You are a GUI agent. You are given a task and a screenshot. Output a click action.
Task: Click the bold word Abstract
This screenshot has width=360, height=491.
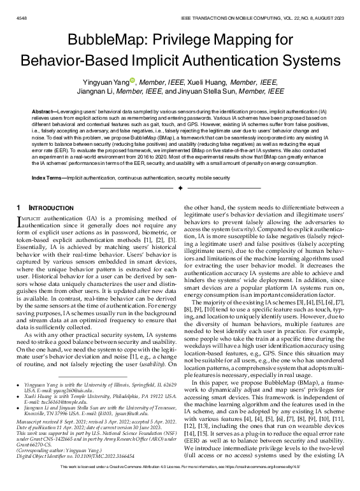[x=45, y=111]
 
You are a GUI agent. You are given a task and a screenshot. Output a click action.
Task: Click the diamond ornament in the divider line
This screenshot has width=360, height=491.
[x=180, y=189]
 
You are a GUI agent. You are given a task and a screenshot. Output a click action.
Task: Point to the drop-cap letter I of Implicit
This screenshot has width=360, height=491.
[x=21, y=221]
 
